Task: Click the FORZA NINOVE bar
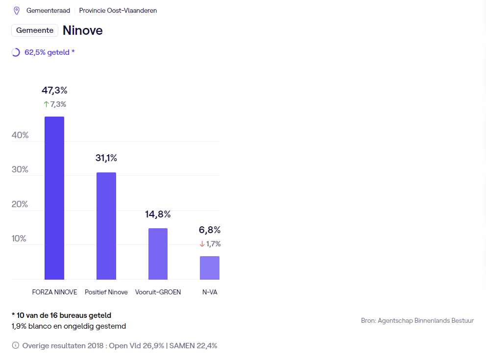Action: coord(54,198)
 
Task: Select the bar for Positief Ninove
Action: coord(106,226)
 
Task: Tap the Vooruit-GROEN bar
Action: coord(158,254)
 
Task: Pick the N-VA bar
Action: coord(210,267)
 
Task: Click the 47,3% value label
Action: coord(54,90)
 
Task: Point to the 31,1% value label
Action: coord(106,158)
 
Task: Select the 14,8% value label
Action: coord(158,214)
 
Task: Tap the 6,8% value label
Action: coord(210,230)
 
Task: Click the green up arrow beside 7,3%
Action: coord(47,104)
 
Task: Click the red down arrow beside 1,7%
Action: coord(202,244)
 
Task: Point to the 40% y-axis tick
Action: coord(20,135)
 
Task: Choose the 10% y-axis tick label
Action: coord(20,239)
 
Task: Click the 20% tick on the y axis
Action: coord(20,204)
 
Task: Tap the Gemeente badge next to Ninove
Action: coord(35,30)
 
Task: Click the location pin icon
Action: coord(17,10)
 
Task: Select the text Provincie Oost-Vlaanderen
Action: coord(118,10)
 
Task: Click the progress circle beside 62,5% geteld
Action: coord(16,52)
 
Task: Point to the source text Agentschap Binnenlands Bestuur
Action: coord(417,321)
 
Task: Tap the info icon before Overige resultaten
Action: coord(16,346)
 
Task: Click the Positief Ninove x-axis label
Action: coord(106,292)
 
